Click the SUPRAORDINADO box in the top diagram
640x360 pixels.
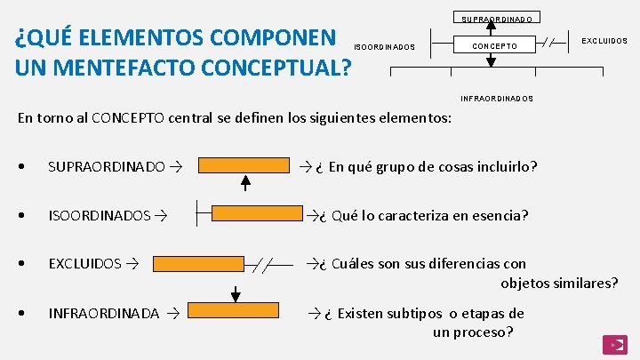pos(498,18)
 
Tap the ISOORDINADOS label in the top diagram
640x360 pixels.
pos(384,47)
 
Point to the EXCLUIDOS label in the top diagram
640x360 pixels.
pos(604,41)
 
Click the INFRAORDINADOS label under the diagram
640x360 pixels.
pos(497,99)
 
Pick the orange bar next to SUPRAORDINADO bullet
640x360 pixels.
pos(244,165)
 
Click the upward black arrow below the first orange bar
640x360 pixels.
pos(246,183)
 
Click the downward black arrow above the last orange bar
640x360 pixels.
pos(236,292)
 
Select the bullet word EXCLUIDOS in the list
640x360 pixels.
pos(84,264)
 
